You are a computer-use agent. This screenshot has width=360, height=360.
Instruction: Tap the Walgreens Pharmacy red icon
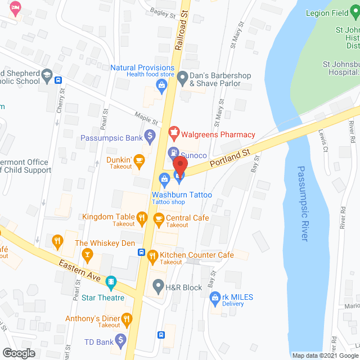174,134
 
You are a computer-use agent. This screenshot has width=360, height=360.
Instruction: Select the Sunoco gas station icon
174,153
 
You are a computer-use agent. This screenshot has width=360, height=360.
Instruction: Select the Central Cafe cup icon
159,218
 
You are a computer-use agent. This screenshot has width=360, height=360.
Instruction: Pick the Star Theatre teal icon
111,281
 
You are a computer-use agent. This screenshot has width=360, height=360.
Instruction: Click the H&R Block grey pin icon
158,287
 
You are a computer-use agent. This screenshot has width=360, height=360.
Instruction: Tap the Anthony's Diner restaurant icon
128,321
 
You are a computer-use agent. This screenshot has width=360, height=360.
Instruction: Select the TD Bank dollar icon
120,340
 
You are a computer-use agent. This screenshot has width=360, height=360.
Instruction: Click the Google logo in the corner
18,353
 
